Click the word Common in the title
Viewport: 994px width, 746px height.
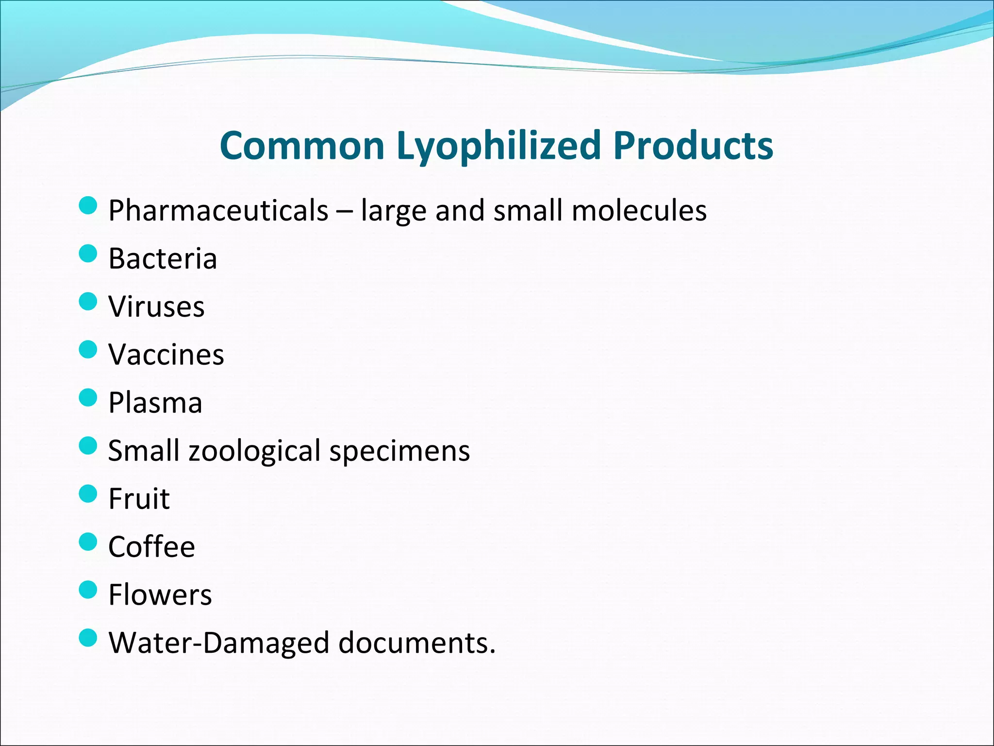tap(302, 146)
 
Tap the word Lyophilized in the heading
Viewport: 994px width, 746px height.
tap(499, 147)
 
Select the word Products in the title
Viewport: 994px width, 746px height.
tap(693, 146)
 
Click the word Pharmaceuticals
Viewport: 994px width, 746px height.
tap(218, 211)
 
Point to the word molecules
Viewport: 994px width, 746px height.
tap(639, 211)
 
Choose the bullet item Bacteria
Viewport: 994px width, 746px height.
tap(163, 258)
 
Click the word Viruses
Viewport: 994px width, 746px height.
tap(156, 306)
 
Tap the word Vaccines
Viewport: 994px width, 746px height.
tap(166, 355)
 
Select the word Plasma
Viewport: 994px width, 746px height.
tap(155, 403)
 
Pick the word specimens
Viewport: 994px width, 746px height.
tap(400, 451)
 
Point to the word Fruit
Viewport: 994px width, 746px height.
tap(139, 499)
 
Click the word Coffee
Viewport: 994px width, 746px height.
tap(151, 547)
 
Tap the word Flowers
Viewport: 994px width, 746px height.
tap(160, 595)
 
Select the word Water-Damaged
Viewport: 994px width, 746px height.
tap(219, 643)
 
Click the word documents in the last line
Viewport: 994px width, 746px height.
tap(416, 643)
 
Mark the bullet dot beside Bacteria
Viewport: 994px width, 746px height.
tap(88, 253)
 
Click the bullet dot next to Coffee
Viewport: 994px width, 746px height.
tap(88, 542)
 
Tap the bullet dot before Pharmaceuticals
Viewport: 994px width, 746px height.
tap(88, 205)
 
